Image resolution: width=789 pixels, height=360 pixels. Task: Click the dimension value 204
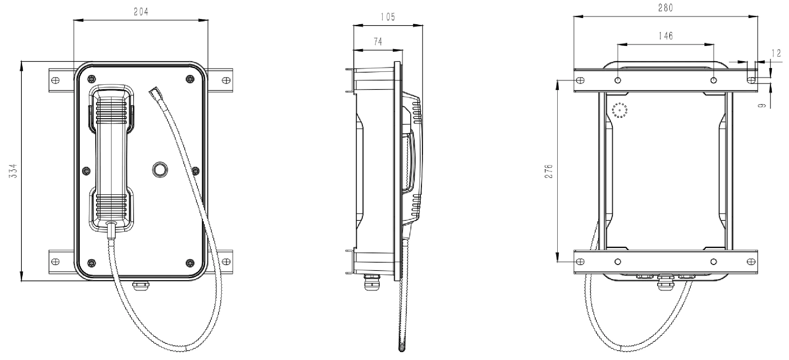pos(141,12)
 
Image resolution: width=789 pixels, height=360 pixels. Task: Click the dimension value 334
pos(13,171)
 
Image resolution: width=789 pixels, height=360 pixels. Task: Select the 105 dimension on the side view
pos(388,17)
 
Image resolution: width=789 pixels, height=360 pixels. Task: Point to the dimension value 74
pos(378,42)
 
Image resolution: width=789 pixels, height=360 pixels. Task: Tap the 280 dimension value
pos(665,8)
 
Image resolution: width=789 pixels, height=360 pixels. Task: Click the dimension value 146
pos(665,36)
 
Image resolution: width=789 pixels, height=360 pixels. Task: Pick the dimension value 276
pos(549,171)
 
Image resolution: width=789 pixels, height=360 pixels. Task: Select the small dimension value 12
pos(776,53)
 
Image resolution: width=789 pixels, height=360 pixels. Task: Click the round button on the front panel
pos(160,169)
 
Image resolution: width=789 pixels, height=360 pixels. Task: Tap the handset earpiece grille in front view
pos(111,110)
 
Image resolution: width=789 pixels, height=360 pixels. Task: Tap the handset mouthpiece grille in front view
pos(111,205)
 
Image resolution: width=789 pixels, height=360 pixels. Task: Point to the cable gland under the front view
pos(141,285)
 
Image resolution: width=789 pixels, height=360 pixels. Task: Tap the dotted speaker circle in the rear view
pos(620,110)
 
